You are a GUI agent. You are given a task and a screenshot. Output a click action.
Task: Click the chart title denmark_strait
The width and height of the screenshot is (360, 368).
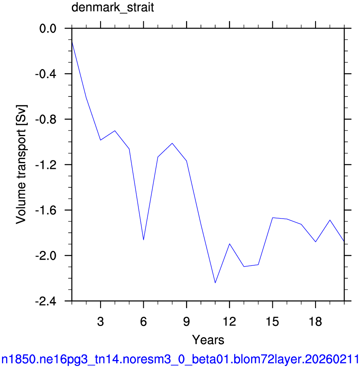pyautogui.click(x=113, y=8)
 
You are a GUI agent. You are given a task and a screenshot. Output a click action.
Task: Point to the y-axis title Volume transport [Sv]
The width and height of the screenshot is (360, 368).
pyautogui.click(x=21, y=164)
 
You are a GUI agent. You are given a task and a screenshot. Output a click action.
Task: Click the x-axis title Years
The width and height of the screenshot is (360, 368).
pyautogui.click(x=208, y=340)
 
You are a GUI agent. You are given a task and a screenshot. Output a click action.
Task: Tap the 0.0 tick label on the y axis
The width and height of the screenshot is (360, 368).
pyautogui.click(x=48, y=29)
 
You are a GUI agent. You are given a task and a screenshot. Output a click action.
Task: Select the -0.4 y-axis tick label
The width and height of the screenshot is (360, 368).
pyautogui.click(x=46, y=74)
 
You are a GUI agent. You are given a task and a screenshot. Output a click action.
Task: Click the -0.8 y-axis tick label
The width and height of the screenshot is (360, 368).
pyautogui.click(x=46, y=120)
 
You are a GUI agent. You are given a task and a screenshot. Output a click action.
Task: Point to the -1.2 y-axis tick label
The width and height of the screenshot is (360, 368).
pyautogui.click(x=46, y=165)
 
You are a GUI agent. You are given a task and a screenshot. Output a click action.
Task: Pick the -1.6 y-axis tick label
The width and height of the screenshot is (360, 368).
pyautogui.click(x=46, y=210)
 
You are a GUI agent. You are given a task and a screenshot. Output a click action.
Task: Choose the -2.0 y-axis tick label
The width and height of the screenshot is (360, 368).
pyautogui.click(x=46, y=256)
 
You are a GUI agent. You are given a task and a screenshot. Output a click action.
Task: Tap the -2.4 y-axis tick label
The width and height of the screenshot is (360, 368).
pyautogui.click(x=46, y=301)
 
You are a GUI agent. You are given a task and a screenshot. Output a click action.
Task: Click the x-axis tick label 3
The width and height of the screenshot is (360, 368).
pyautogui.click(x=100, y=322)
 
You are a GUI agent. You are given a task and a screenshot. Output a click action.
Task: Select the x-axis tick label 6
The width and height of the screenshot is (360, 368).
pyautogui.click(x=144, y=322)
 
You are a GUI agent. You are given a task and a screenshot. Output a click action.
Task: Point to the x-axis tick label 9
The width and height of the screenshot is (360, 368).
pyautogui.click(x=186, y=322)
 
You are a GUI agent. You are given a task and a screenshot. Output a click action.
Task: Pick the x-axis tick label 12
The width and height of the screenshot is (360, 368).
pyautogui.click(x=229, y=322)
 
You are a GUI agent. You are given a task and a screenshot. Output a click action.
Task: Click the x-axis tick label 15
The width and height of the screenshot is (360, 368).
pyautogui.click(x=272, y=322)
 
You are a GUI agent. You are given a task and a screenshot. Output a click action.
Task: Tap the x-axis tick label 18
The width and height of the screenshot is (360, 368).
pyautogui.click(x=316, y=322)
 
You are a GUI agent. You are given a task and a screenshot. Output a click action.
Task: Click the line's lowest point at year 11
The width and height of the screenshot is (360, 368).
pyautogui.click(x=215, y=283)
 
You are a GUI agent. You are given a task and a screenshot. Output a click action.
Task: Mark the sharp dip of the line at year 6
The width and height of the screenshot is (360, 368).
pyautogui.click(x=143, y=240)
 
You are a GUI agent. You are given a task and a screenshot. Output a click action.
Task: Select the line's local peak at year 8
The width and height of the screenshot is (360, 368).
pyautogui.click(x=172, y=143)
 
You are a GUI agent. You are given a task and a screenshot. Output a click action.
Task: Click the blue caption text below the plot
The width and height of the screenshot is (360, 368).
pyautogui.click(x=180, y=360)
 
